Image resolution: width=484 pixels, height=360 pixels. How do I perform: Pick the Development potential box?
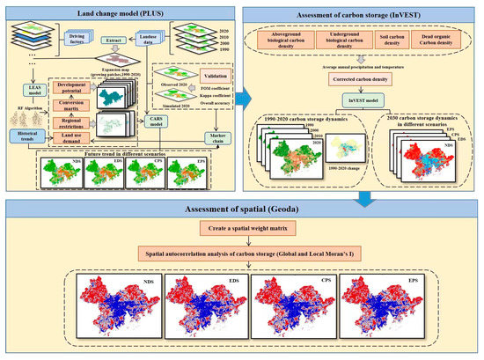[x=76, y=87]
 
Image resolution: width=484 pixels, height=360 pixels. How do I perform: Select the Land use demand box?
[x=77, y=142]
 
